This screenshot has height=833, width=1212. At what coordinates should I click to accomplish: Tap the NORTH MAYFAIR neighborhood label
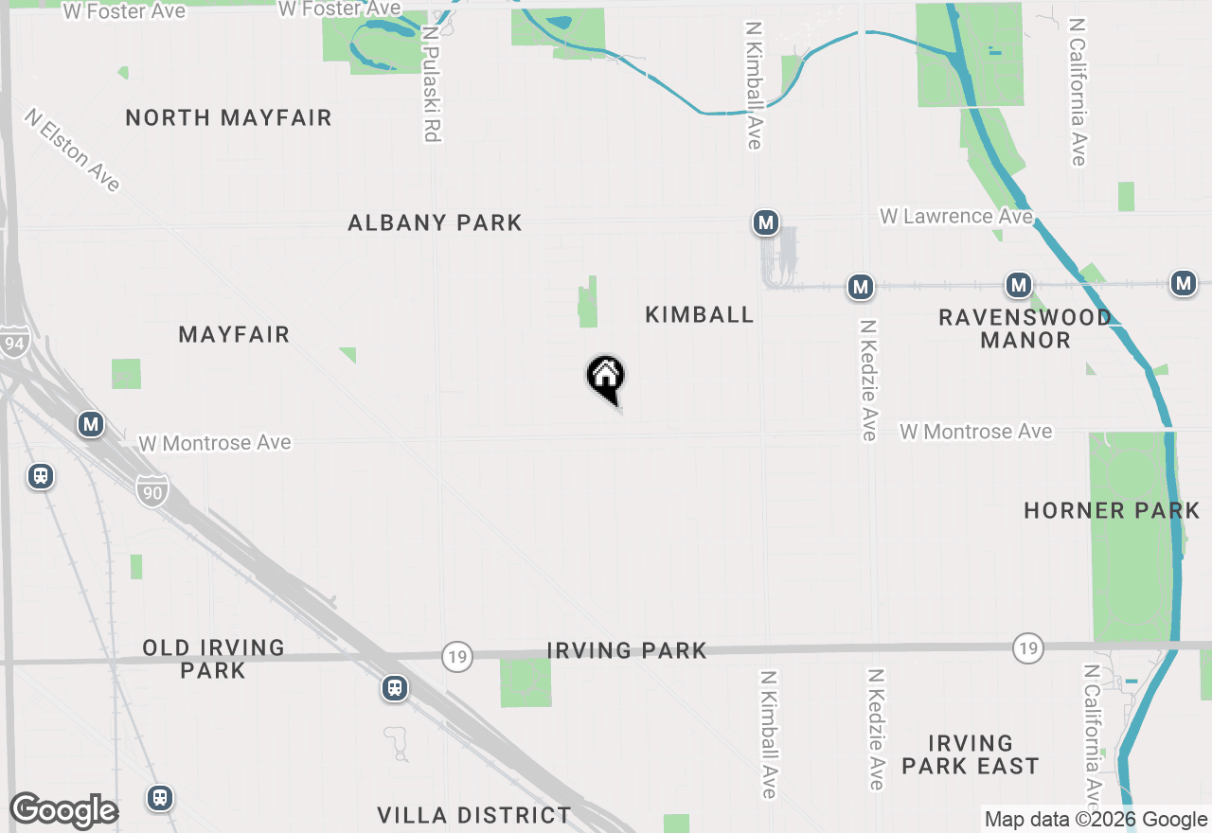(228, 118)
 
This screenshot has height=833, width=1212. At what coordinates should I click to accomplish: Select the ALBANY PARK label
(435, 223)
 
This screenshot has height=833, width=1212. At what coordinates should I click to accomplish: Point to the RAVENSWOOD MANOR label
(1025, 328)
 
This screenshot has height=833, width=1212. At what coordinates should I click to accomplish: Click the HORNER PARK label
(1112, 511)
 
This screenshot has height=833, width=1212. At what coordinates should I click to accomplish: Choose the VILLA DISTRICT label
(474, 815)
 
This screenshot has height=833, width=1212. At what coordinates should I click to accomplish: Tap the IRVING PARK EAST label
(971, 754)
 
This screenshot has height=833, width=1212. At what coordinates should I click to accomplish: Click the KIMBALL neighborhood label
(700, 314)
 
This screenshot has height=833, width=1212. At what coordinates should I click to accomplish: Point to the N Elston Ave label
(74, 150)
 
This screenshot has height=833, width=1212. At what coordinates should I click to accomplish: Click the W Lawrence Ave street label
(955, 217)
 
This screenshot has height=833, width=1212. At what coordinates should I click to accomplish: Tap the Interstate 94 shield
(13, 344)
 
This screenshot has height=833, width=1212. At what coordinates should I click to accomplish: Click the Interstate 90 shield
(151, 490)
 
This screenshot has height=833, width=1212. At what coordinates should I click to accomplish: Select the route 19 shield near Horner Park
(1027, 648)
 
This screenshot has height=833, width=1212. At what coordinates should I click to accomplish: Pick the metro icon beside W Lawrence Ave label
(765, 223)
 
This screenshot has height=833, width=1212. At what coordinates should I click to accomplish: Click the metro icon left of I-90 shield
(91, 424)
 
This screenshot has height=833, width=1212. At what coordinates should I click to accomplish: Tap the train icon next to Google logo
(160, 798)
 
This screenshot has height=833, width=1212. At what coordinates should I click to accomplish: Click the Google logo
(63, 811)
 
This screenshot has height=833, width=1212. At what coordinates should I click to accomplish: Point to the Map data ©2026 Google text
(1096, 820)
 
